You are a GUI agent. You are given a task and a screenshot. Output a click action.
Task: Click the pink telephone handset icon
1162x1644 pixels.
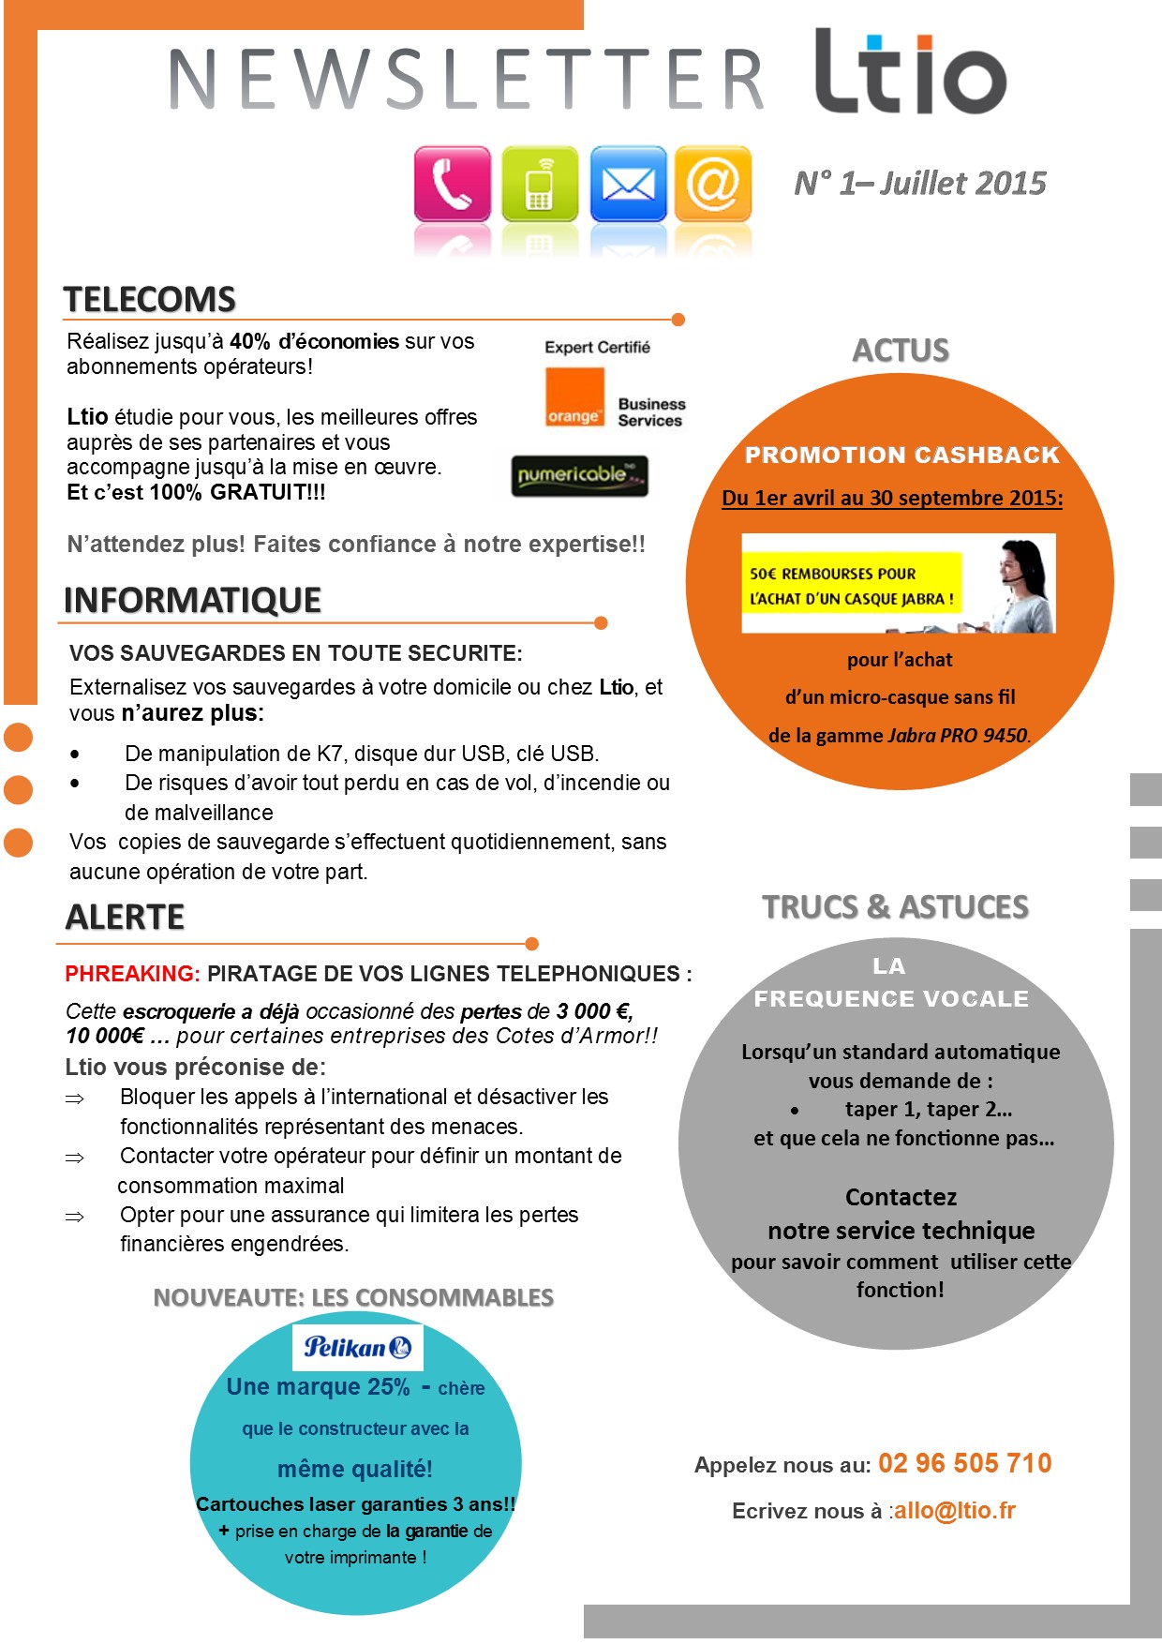point(452,183)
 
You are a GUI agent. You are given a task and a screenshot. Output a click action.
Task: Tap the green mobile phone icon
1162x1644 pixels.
point(539,183)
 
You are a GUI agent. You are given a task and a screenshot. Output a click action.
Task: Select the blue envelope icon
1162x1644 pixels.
point(627,183)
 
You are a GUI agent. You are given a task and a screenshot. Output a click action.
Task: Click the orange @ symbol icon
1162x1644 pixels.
point(712,183)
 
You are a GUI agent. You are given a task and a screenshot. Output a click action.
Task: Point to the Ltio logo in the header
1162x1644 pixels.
point(909,72)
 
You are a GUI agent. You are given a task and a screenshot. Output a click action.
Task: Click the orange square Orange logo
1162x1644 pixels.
point(574,397)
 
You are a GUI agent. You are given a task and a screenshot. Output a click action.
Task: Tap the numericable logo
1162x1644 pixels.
point(580,476)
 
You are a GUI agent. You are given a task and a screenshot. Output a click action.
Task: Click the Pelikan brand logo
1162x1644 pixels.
point(357,1348)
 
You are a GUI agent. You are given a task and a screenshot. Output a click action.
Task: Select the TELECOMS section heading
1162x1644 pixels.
point(149,300)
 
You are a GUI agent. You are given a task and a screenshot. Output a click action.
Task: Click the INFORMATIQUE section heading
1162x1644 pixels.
point(192,600)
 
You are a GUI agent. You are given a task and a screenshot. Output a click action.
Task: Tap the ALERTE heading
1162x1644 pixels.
point(125,917)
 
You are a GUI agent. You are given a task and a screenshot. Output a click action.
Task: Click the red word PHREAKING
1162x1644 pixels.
point(132,974)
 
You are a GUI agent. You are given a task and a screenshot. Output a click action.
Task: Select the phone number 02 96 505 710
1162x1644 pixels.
point(964,1463)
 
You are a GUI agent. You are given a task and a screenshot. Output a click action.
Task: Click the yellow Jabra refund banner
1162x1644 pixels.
point(851,585)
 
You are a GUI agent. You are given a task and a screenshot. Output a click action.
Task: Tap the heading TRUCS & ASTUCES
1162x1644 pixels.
point(895,907)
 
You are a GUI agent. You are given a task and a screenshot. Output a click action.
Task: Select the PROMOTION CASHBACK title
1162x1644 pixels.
point(901,456)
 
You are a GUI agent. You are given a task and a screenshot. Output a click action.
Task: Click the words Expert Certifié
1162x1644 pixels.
point(597,347)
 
